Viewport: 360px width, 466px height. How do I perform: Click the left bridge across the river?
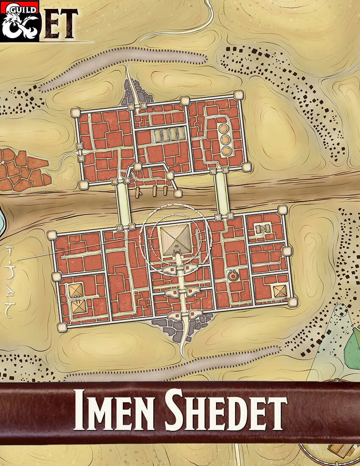[123, 203]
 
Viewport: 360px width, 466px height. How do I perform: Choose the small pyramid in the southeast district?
[280, 291]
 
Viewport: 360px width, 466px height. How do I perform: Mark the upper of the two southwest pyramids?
[76, 290]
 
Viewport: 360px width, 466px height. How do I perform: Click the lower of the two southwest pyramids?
[78, 306]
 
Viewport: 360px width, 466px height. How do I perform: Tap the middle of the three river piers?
[155, 191]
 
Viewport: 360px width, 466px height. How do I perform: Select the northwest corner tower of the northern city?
[76, 113]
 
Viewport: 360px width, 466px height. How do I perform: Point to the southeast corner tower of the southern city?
[292, 302]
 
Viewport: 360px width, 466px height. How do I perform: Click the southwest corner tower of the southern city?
[62, 327]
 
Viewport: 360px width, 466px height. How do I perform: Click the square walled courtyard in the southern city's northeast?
[263, 229]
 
